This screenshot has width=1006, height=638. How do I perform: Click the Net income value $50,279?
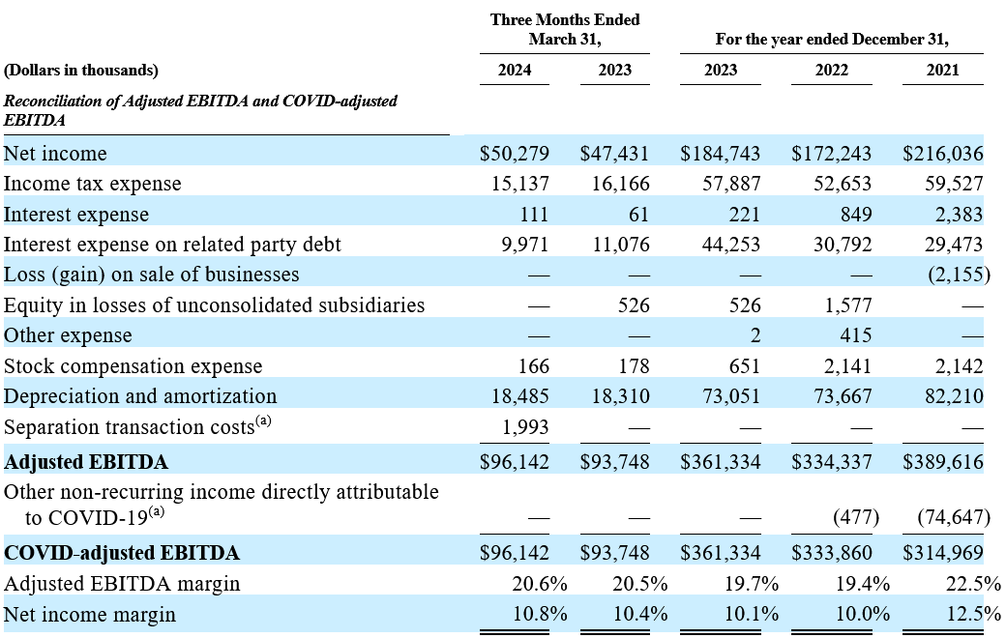click(515, 154)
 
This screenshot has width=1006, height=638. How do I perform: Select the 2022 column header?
click(832, 70)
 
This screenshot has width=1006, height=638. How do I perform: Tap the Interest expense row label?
click(76, 215)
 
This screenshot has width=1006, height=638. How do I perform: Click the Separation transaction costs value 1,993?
click(525, 427)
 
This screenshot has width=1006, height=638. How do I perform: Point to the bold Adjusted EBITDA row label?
click(86, 462)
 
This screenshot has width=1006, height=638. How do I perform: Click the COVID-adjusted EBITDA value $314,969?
click(943, 553)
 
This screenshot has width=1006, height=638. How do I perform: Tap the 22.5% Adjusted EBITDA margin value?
click(973, 584)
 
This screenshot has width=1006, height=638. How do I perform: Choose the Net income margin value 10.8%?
click(540, 614)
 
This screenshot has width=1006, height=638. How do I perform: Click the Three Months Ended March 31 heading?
click(565, 30)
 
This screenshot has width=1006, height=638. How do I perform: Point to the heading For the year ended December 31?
click(832, 39)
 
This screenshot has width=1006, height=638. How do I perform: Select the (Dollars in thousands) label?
click(81, 70)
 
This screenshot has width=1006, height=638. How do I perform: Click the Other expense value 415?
click(856, 335)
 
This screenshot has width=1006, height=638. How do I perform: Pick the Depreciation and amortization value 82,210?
click(954, 396)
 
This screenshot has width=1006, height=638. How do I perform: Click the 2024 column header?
click(515, 70)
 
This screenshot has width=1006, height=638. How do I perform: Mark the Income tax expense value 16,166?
click(620, 184)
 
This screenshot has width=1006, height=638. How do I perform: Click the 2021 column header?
click(942, 70)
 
